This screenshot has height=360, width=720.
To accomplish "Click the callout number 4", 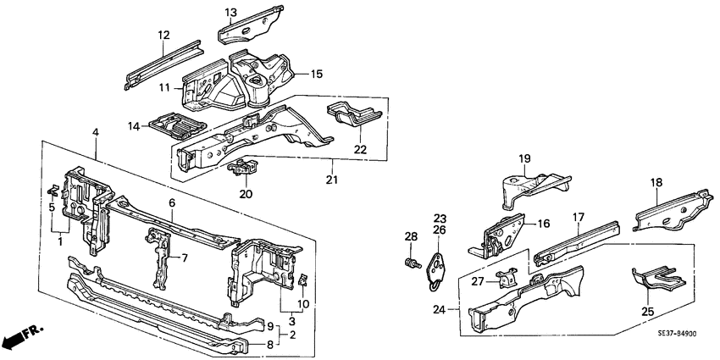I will (x=96, y=133).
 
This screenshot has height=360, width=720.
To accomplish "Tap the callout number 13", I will (x=231, y=11).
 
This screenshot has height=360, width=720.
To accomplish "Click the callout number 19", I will (x=523, y=158).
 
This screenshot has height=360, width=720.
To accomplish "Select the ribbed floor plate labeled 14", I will (x=176, y=125).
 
